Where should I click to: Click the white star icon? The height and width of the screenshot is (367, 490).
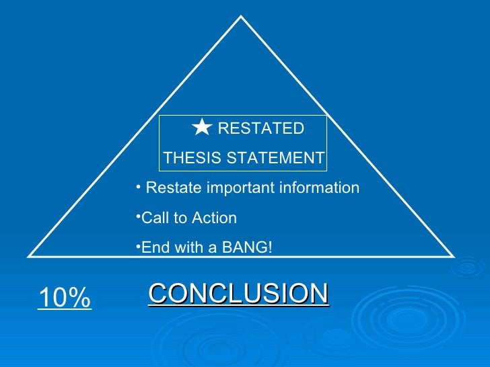201,127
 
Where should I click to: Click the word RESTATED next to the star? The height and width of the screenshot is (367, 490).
260,128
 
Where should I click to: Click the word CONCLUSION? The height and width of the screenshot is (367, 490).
238,294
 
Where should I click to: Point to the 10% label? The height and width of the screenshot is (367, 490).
64,298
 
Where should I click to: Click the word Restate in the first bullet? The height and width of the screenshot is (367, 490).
173,188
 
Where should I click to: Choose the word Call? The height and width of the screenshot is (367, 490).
153,218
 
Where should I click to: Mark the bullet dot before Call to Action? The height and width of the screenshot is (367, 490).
137,216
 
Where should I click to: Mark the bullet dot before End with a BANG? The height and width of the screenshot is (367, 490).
137,245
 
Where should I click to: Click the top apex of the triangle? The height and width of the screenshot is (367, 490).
241,17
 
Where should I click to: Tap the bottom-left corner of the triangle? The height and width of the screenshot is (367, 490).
29,255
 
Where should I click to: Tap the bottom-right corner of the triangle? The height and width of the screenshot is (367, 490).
454,255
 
